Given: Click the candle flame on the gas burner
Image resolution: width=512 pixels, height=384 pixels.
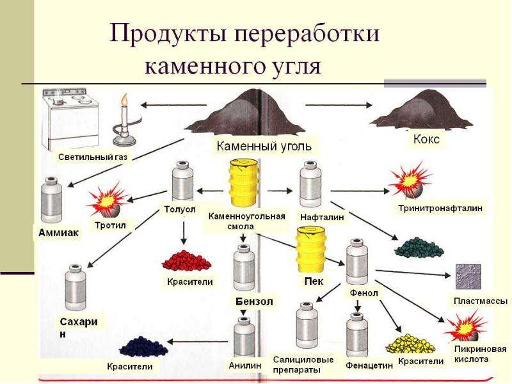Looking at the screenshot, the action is click(124, 100).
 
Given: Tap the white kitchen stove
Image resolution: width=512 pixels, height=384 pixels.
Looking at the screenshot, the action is click(70, 119).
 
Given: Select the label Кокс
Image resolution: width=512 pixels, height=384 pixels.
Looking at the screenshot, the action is click(426, 140).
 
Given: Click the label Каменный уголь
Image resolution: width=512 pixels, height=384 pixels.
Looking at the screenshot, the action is click(264, 146).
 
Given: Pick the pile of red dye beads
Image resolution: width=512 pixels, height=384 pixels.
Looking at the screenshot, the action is click(187, 260).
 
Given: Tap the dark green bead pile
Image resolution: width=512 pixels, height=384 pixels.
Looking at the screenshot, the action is click(419, 248).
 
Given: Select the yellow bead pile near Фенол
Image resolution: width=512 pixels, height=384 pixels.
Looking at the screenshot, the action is click(411, 344).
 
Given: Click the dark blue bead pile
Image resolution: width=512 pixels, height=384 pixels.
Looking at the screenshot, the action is click(143, 346).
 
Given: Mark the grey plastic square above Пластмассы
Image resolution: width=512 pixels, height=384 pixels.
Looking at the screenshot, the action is click(468, 277).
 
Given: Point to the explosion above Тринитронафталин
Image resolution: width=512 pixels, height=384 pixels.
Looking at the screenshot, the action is click(410, 180).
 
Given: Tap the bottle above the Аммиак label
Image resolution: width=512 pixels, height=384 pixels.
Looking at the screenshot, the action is click(51, 200).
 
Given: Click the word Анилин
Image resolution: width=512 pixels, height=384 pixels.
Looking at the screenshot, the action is click(245, 365).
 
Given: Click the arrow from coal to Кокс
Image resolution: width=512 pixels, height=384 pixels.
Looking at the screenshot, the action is click(339, 105).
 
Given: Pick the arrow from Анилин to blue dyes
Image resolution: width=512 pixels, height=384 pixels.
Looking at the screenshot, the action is click(198, 342).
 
